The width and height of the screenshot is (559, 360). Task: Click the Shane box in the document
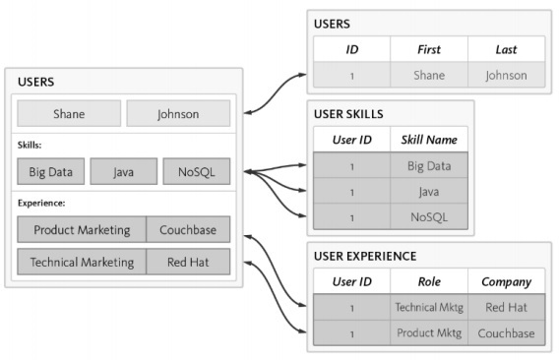point(69,113)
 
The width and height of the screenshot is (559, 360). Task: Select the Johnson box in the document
point(178,113)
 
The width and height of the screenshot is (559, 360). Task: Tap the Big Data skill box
point(50,172)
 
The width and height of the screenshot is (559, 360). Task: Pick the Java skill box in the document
point(123,172)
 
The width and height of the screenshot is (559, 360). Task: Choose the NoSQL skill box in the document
point(196,172)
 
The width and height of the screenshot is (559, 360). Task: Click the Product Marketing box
point(82,230)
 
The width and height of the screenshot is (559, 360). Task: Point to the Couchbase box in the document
point(188,230)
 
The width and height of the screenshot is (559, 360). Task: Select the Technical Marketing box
point(82,263)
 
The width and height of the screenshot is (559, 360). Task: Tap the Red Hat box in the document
point(188,263)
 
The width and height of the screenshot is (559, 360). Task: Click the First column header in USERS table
point(428,49)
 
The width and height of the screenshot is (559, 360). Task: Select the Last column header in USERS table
point(505,49)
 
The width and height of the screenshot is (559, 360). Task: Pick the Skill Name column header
point(428,140)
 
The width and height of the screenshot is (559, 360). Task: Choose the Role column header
point(428,281)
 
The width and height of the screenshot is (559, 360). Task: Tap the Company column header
point(506,281)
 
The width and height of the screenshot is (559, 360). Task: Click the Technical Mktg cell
point(428,307)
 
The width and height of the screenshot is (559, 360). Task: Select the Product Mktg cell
point(428,332)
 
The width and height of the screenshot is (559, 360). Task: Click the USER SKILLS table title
point(348,114)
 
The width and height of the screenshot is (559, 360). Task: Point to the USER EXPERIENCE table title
point(365,256)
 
